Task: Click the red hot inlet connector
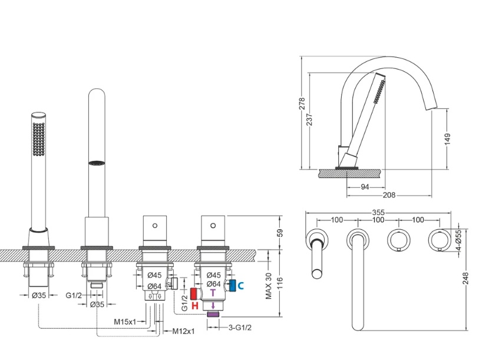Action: point(193,293)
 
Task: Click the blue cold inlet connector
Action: point(233,285)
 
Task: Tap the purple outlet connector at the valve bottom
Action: point(213,314)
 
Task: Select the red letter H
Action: point(195,305)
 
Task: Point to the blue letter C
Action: point(241,286)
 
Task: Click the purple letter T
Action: point(213,293)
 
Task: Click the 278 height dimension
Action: point(302,104)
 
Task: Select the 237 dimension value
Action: point(309,120)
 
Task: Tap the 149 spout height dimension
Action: point(448,140)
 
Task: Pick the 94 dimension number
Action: point(365,187)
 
